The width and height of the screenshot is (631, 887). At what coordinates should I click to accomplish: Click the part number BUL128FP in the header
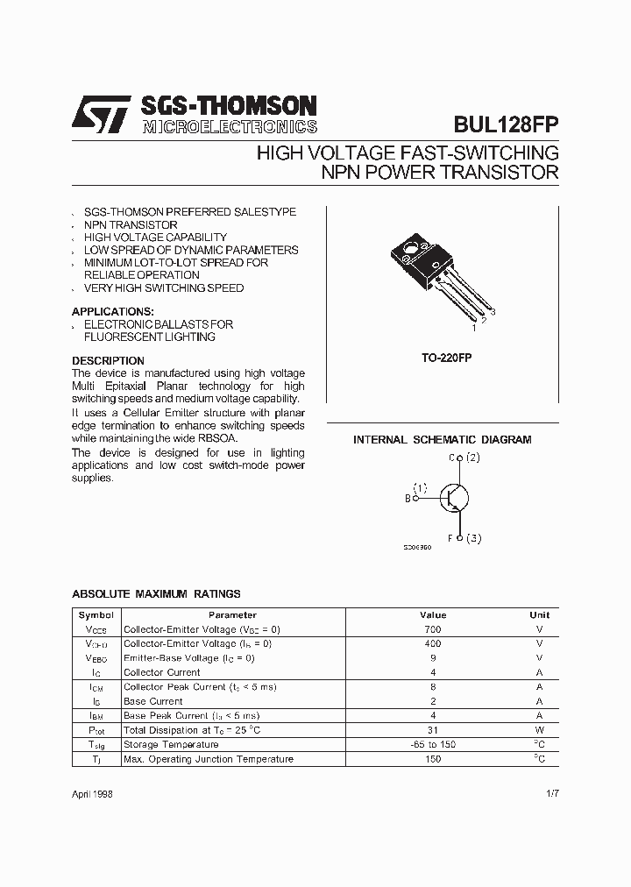click(x=506, y=124)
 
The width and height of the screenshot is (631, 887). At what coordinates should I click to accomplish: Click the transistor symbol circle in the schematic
click(x=454, y=498)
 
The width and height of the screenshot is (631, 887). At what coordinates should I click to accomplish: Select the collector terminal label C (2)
click(x=464, y=458)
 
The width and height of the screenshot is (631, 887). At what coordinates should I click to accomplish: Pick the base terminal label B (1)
click(x=416, y=493)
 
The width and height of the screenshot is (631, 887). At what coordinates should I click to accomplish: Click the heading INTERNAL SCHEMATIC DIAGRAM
click(x=442, y=439)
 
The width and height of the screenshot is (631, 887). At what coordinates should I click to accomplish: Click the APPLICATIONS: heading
click(x=112, y=311)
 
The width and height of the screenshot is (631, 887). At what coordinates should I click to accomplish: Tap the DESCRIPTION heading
click(x=108, y=360)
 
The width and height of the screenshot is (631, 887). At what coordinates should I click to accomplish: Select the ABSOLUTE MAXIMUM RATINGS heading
click(x=156, y=593)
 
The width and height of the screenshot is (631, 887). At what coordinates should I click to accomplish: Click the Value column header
click(x=433, y=615)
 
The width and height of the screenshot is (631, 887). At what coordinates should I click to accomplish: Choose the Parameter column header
click(x=232, y=615)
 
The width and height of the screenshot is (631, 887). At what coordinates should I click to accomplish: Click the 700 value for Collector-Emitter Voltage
click(x=433, y=629)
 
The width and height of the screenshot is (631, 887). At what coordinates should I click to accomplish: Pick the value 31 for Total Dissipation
click(x=433, y=730)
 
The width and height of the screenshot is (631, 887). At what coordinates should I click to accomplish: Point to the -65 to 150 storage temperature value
click(x=433, y=744)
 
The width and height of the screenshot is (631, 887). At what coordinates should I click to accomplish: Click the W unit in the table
click(x=540, y=730)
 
